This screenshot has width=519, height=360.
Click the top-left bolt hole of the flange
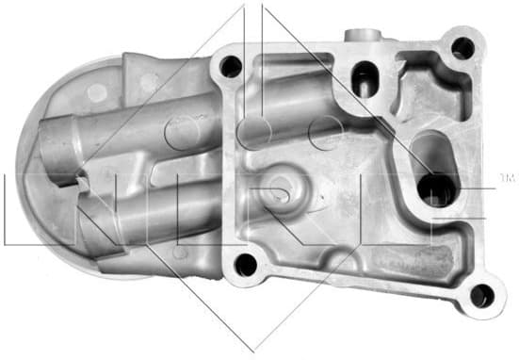(228, 66)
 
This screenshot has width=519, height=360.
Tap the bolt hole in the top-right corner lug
(462, 46)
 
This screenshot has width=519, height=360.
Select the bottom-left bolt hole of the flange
(245, 265)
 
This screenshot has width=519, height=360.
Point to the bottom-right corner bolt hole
(481, 296)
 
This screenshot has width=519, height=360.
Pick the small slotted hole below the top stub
(362, 77)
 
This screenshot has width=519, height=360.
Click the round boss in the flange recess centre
(280, 188)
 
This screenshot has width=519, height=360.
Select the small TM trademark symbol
(507, 178)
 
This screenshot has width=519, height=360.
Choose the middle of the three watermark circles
(252, 133)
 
